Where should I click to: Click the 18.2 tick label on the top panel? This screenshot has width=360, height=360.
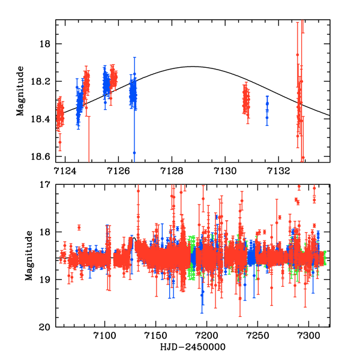click(43, 82)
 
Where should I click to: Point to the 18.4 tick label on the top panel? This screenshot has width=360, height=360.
click(43, 119)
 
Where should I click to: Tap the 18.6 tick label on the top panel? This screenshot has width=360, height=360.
click(43, 157)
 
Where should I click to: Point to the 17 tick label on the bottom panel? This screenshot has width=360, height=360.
click(46, 185)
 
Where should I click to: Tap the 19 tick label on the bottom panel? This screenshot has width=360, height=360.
click(46, 280)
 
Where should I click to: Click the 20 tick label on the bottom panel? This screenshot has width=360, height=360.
click(46, 327)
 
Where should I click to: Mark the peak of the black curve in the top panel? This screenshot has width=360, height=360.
click(193, 67)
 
